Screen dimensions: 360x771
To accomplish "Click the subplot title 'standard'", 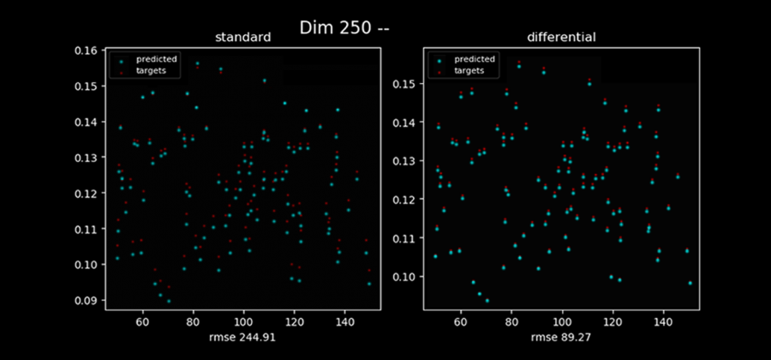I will click(x=242, y=38).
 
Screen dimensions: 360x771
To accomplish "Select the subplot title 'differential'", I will click(x=561, y=38).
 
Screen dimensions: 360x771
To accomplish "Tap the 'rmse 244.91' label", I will click(x=242, y=338).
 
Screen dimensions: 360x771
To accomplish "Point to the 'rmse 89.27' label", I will click(x=561, y=338).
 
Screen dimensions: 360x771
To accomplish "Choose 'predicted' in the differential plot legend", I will click(x=476, y=59).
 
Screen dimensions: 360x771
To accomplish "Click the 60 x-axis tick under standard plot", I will click(x=143, y=321).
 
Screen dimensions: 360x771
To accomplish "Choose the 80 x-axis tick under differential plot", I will click(x=511, y=321).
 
